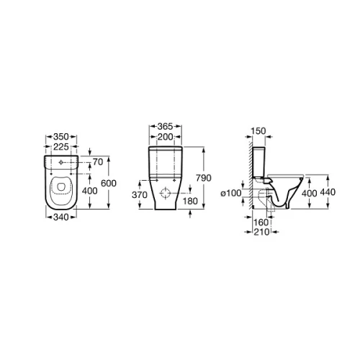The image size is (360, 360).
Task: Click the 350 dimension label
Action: [x=61, y=137]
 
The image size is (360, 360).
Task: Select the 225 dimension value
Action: [x=61, y=147]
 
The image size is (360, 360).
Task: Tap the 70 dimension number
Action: [x=98, y=162]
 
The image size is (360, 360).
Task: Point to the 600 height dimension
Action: [x=109, y=184]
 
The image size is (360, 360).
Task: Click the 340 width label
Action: [x=61, y=217]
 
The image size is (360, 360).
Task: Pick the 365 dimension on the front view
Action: [x=165, y=126]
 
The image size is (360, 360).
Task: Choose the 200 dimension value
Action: [x=165, y=137]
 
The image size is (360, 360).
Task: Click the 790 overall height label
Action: [x=204, y=178]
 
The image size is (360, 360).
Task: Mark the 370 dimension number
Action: [x=140, y=195]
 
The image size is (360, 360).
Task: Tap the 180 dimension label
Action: [x=190, y=201]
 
